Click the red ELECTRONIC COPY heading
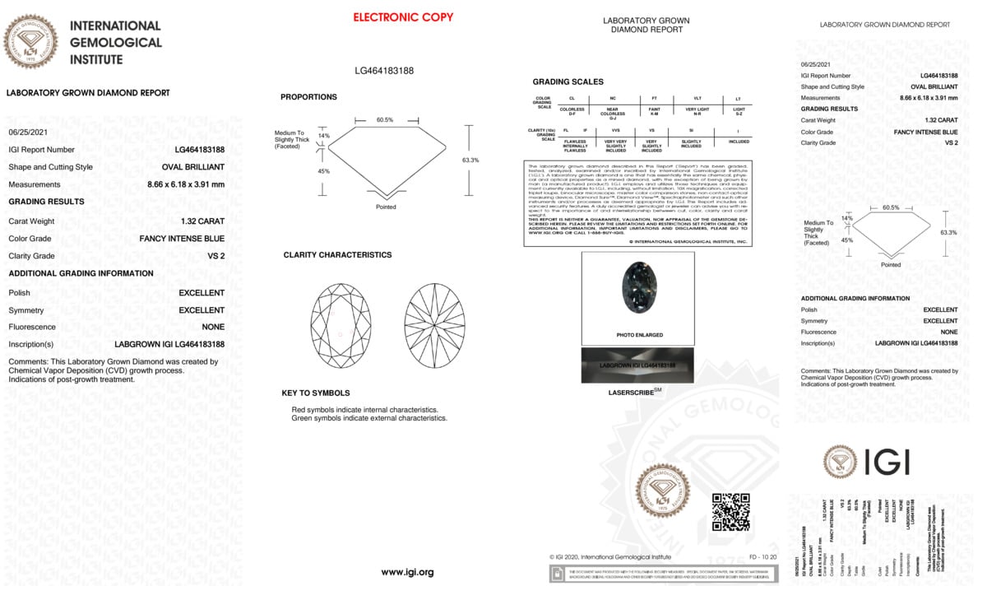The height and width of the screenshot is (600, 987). pos(403,17)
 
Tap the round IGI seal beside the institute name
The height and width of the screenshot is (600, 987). pos(31,41)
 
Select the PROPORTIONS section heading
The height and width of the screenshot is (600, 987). pos(308,97)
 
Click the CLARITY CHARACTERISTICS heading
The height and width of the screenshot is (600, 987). pos(337,255)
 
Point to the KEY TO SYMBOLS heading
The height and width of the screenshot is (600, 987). pos(315,393)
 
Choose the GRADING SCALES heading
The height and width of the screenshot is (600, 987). pos(568,82)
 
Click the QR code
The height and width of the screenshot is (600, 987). pos(730,512)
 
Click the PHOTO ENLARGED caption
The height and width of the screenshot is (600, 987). pos(637,336)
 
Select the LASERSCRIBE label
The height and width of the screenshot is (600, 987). pos(635,393)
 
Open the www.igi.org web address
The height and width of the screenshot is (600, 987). pos(407,572)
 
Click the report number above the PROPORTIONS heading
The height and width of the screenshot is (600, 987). pos(384,71)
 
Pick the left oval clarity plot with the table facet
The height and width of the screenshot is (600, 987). pos(341,325)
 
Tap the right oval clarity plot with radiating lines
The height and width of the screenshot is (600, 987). pos(434,325)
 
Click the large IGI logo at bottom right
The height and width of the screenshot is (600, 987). pos(866,463)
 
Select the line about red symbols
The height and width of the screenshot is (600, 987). pos(364,409)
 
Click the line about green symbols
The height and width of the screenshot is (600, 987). pos(369,418)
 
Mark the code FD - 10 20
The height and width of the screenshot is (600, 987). pos(762,557)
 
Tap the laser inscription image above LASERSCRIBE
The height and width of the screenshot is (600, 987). pos(637,365)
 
